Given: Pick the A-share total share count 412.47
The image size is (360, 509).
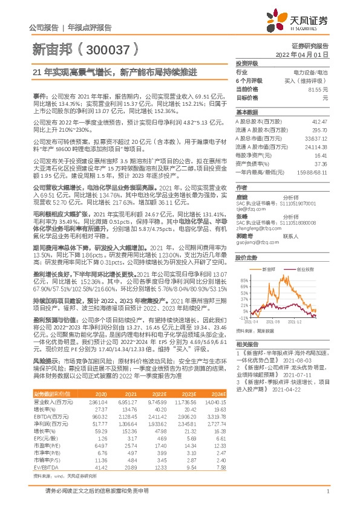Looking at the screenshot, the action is (320, 121).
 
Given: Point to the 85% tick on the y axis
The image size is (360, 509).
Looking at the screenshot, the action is (243, 280).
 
